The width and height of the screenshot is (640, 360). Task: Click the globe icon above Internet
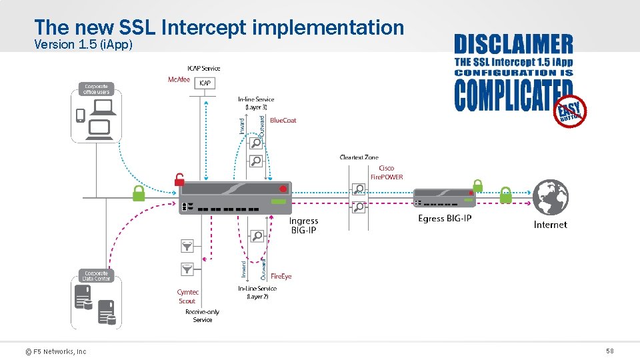pos(550,197)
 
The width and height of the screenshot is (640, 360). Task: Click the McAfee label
pos(178,80)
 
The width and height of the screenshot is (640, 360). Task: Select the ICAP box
pos(205,83)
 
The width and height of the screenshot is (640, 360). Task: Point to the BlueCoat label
pos(283,121)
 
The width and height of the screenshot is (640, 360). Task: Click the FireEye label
pos(281,276)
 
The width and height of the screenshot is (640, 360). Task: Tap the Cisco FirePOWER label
pos(387,173)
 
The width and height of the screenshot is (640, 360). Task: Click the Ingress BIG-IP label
pos(303,225)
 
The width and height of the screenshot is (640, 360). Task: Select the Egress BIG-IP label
pos(445,219)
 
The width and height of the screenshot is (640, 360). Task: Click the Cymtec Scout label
pos(187,297)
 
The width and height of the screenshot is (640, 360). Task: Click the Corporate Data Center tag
pos(97,275)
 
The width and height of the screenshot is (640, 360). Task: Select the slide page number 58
pos(609,351)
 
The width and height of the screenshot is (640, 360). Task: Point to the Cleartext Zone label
pos(359,157)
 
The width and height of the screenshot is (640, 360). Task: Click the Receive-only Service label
pos(203,316)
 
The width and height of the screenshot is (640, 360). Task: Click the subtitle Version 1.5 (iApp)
pos(83,45)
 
